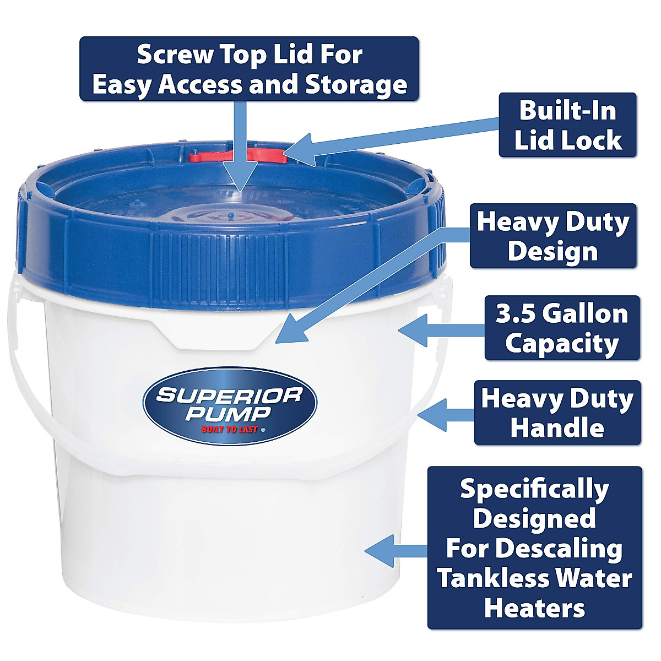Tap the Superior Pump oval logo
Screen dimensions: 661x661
pos(230,405)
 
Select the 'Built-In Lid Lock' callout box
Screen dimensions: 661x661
pos(567,125)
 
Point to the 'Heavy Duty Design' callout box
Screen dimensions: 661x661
pos(552,236)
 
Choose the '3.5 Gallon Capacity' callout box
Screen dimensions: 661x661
pos(562,328)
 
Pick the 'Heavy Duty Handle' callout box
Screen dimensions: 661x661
pos(557,413)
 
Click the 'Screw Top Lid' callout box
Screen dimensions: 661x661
pos(249,69)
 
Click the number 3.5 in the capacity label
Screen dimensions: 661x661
pos(515,314)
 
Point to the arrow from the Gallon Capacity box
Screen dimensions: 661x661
pos(441,331)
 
